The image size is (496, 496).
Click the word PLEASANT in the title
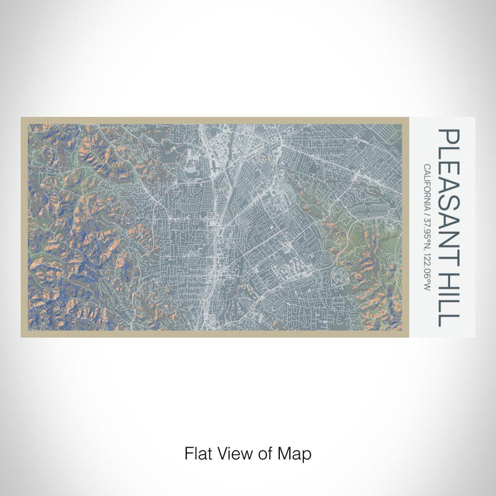coord(448,196)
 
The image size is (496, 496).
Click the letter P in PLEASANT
coord(448,136)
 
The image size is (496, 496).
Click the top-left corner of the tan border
coord(22,118)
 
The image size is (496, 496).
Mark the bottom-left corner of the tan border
coord(22,336)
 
